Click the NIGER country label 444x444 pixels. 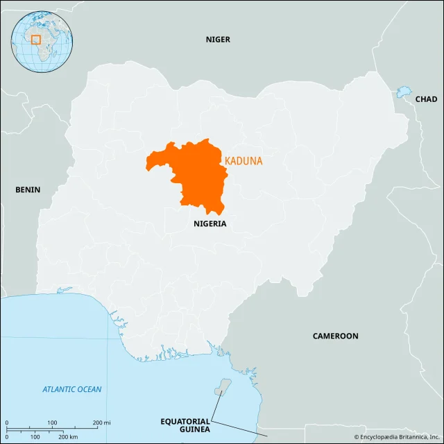pyautogui.click(x=217, y=40)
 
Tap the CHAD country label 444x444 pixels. pyautogui.click(x=426, y=99)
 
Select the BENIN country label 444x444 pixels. pyautogui.click(x=28, y=189)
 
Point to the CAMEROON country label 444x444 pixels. pyautogui.click(x=335, y=336)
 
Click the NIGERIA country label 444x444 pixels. pyautogui.click(x=210, y=224)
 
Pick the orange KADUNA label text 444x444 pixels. pyautogui.click(x=244, y=161)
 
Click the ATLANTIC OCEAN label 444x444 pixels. pyautogui.click(x=71, y=389)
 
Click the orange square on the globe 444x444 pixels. pyautogui.click(x=36, y=40)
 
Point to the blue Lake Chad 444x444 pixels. pyautogui.click(x=403, y=92)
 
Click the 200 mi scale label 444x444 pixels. pyautogui.click(x=101, y=422)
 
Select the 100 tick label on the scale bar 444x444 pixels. pyautogui.click(x=52, y=422)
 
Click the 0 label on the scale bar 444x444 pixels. pyautogui.click(x=6, y=422)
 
